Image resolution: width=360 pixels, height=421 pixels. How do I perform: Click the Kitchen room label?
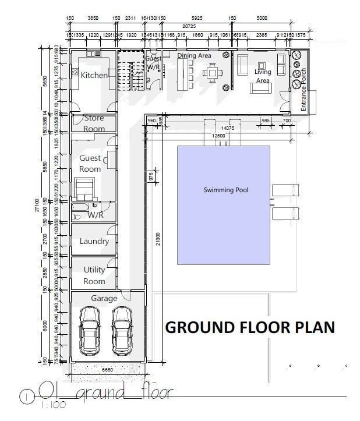pos(94,75)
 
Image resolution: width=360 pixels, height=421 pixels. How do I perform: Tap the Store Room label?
pos(94,123)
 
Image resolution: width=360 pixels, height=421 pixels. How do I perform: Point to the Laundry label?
pos(94,241)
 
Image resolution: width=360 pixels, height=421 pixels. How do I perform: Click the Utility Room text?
pos(94,275)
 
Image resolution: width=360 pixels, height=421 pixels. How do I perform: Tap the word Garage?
pos(104,298)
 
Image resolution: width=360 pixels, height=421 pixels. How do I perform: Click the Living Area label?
pos(263,76)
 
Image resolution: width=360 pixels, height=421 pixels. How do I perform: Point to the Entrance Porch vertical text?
pos(303,90)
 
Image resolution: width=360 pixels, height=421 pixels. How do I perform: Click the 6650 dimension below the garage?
pos(106,369)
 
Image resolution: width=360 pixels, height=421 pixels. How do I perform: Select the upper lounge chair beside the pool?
pos(285,190)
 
